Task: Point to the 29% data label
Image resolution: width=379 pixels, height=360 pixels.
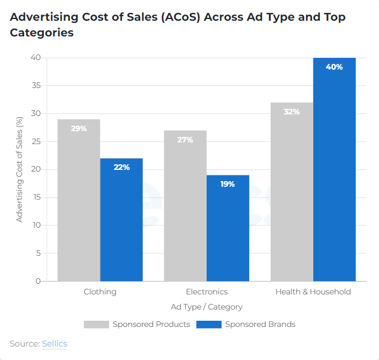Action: (x=79, y=128)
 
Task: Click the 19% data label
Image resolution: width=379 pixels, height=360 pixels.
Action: (x=228, y=184)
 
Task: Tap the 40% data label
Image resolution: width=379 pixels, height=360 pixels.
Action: (x=334, y=67)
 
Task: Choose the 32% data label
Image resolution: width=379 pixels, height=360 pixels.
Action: (x=291, y=112)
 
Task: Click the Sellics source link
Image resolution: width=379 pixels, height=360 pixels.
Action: (x=54, y=343)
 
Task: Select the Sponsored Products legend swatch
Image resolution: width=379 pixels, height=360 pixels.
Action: (x=96, y=324)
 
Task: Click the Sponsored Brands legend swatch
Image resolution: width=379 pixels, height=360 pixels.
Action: (x=209, y=324)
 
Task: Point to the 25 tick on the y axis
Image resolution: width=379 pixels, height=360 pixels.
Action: (x=36, y=141)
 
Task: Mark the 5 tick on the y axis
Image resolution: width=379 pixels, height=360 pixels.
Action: (x=38, y=253)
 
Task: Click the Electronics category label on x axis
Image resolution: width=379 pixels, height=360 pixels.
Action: (x=207, y=292)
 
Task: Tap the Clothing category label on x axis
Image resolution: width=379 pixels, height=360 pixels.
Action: (x=100, y=292)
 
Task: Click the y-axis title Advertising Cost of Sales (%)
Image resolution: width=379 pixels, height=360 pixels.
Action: (x=20, y=169)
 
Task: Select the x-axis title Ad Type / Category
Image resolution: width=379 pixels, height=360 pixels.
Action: (x=207, y=307)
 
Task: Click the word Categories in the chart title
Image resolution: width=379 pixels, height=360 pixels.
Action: (x=42, y=33)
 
